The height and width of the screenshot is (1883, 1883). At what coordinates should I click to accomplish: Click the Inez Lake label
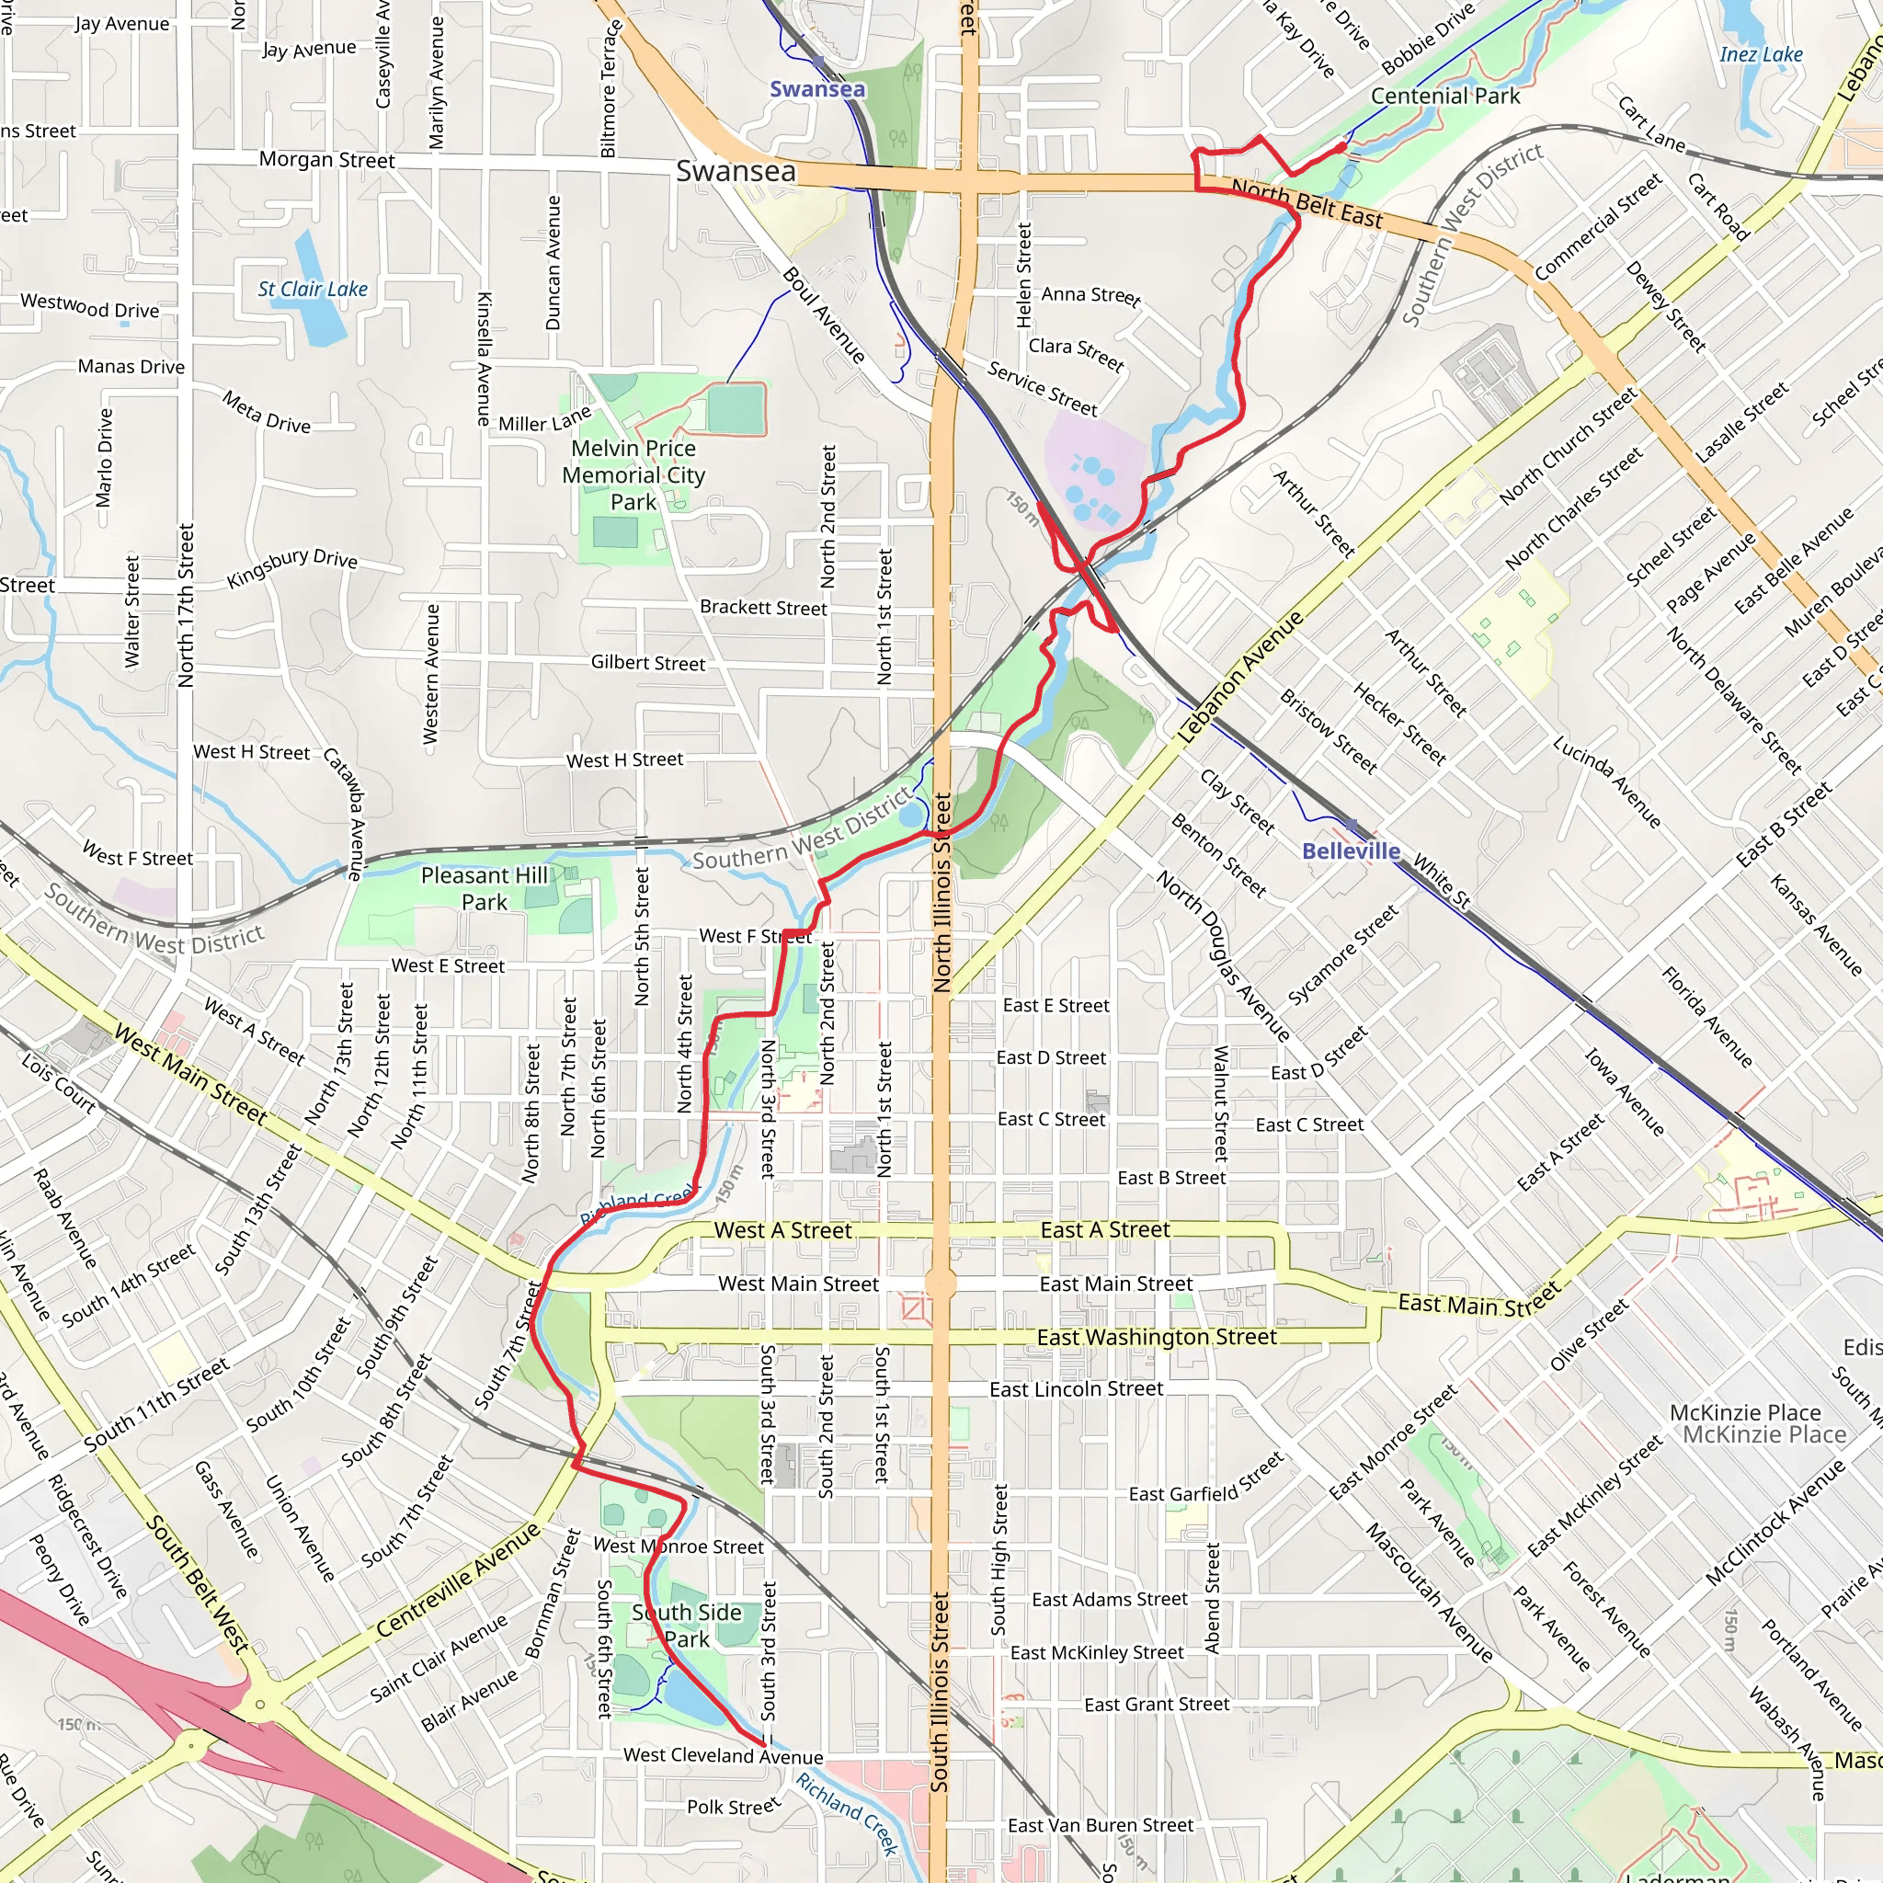tap(1760, 54)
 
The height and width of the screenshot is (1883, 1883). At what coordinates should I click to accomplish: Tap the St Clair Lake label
tap(313, 289)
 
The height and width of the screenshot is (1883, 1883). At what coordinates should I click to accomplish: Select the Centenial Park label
tap(1444, 96)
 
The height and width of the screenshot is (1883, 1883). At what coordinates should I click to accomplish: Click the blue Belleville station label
tap(1350, 850)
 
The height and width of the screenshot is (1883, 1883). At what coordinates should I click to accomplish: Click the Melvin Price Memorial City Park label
tap(633, 474)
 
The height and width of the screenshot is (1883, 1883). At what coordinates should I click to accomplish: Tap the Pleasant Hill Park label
tap(485, 888)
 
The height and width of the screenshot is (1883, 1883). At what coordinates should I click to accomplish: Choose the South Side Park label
tap(687, 1625)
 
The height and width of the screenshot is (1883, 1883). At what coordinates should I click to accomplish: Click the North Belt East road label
tap(1306, 202)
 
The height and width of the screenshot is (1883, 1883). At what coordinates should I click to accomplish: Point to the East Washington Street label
tap(1156, 1337)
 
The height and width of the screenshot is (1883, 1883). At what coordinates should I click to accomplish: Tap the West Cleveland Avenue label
tap(724, 1755)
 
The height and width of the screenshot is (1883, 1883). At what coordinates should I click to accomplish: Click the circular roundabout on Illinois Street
tap(940, 1284)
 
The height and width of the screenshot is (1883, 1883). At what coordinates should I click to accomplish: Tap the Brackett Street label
tap(763, 607)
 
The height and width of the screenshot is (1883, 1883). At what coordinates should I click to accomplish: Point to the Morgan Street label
tap(326, 160)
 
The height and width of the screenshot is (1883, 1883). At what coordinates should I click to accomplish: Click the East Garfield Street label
tap(1205, 1480)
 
